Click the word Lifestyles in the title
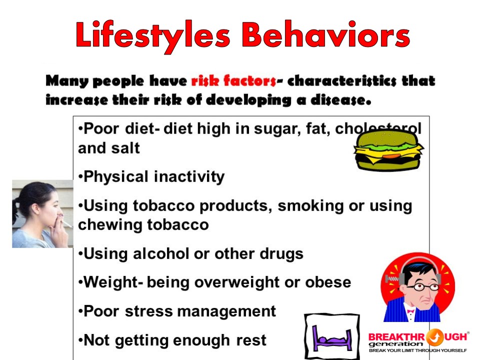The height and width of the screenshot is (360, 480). [x=153, y=36]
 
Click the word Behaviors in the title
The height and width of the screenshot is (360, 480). [x=326, y=34]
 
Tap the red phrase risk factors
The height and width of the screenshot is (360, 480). [x=233, y=81]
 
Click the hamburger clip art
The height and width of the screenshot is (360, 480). [x=388, y=150]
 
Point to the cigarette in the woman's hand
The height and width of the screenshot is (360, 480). [x=66, y=223]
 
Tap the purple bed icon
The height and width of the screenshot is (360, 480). [x=332, y=338]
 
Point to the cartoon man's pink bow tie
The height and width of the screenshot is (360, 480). [x=410, y=311]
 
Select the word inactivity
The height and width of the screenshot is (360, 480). [x=189, y=176]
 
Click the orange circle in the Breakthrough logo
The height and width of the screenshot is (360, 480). [x=434, y=337]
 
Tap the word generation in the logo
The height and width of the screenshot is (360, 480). [x=395, y=344]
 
